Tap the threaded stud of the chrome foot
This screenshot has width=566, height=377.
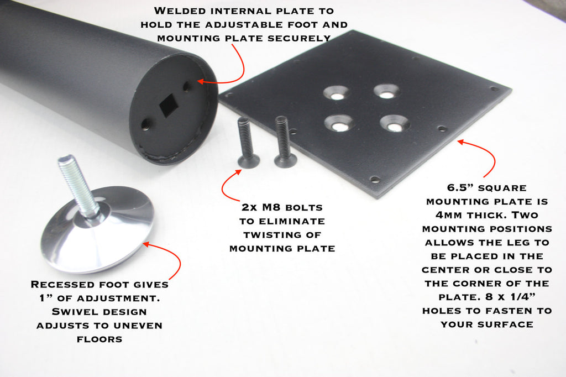click(x=77, y=184)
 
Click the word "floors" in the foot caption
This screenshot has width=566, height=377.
click(x=99, y=339)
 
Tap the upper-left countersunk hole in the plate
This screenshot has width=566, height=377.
click(x=337, y=93)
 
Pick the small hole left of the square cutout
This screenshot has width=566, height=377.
click(x=145, y=124)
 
